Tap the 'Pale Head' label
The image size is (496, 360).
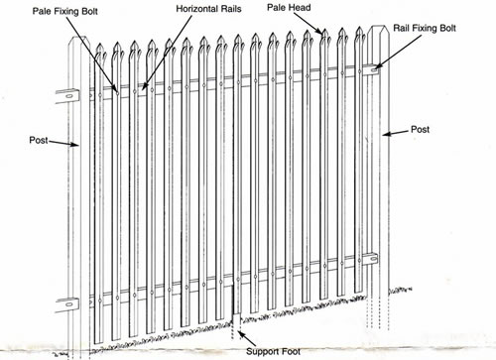[x=289, y=7]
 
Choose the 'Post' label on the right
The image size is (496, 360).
[x=420, y=129]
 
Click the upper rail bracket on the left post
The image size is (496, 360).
[x=71, y=97]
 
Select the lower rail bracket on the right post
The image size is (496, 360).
[x=371, y=261]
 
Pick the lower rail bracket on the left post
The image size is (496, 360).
[x=70, y=303]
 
